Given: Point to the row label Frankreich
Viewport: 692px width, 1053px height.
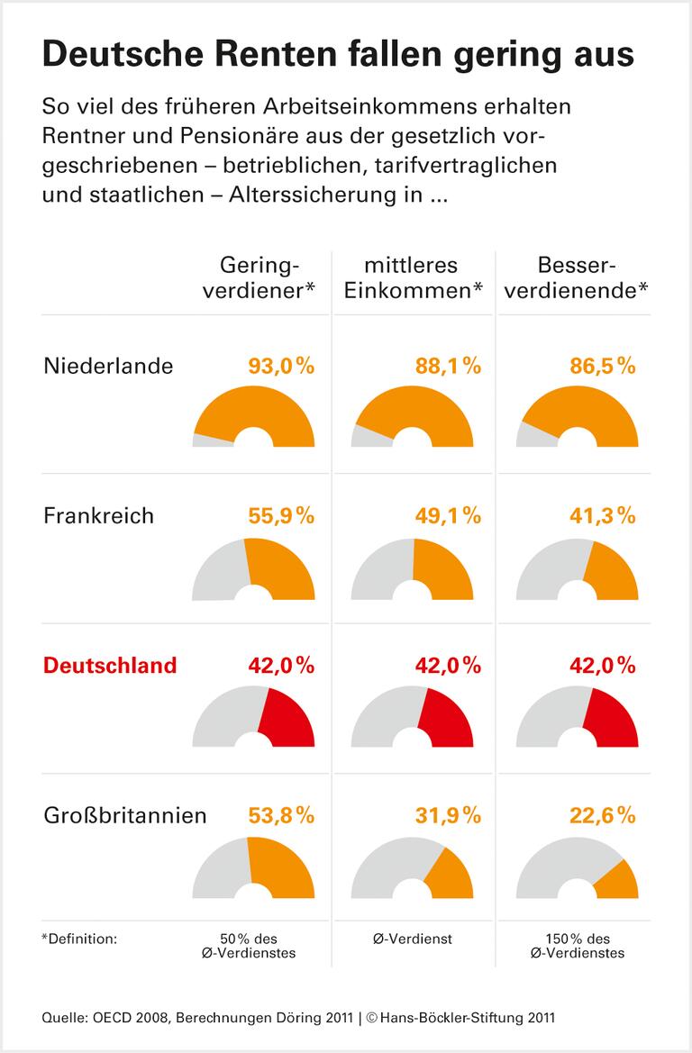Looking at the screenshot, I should pyautogui.click(x=99, y=515).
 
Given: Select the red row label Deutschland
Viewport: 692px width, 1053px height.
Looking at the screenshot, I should pyautogui.click(x=110, y=666).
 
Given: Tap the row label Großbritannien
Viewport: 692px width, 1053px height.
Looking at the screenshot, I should pyautogui.click(x=125, y=815).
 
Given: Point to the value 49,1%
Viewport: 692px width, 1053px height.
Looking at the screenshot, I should pyautogui.click(x=448, y=515).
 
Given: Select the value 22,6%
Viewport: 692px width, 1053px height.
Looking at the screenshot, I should pyautogui.click(x=603, y=815).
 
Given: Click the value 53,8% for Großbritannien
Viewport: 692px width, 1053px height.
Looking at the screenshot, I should pyautogui.click(x=280, y=815).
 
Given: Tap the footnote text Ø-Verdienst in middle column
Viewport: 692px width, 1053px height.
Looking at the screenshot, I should pyautogui.click(x=412, y=939).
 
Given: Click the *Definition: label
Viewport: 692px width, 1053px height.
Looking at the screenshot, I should pyautogui.click(x=79, y=939).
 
